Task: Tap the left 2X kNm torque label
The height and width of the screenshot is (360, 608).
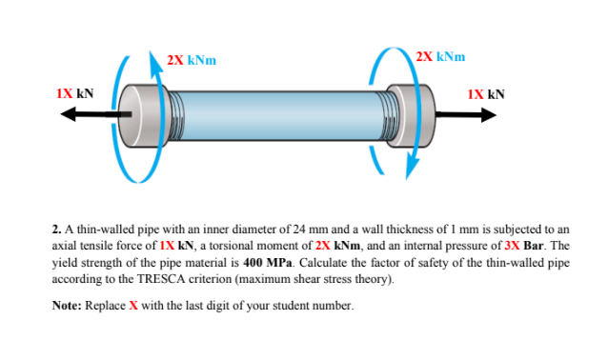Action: point(190,59)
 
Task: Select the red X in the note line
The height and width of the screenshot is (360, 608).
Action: point(143,307)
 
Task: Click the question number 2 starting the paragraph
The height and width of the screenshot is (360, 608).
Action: point(56,230)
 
